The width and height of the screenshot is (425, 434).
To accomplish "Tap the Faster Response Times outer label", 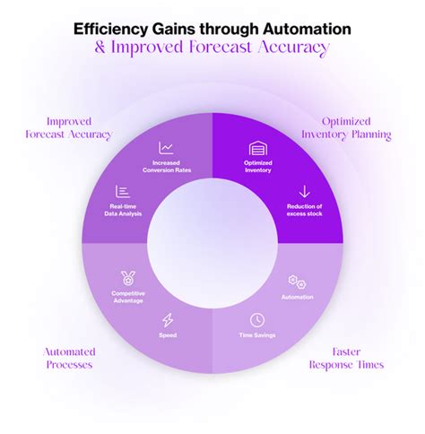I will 346,359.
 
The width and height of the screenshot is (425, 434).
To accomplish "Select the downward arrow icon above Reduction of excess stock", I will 303,190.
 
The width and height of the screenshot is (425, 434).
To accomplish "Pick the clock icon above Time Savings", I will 256,319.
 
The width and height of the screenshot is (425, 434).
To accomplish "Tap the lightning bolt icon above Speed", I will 168,319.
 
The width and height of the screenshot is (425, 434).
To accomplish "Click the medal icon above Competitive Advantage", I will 127,279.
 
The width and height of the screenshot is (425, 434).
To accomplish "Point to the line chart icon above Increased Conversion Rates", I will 167,148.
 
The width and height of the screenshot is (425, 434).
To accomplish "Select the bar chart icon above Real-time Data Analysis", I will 124,190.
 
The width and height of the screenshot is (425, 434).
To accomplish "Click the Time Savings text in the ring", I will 256,335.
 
